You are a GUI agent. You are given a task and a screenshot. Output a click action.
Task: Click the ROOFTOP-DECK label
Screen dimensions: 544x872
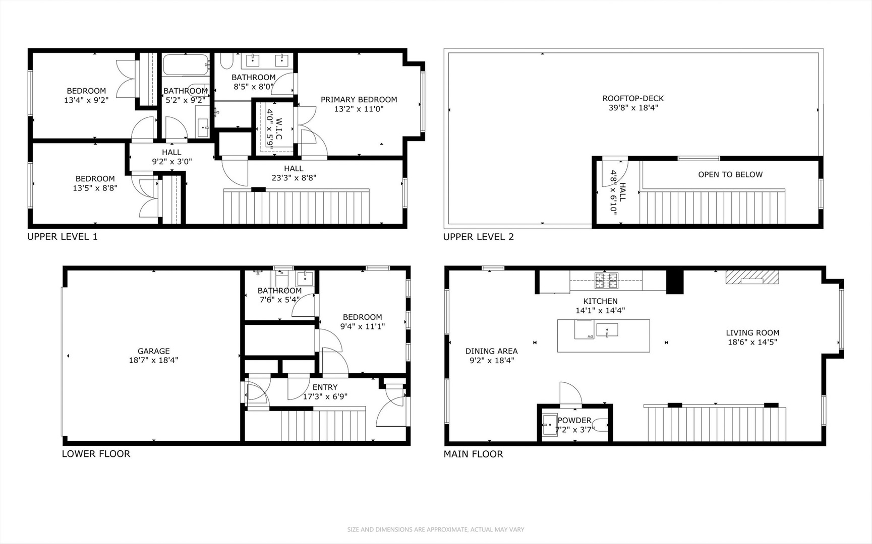pos(633,98)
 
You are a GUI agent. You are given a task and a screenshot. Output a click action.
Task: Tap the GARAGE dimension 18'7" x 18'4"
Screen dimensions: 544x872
pos(153,360)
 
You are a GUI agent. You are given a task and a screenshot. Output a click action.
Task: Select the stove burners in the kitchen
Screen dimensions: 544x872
pos(606,281)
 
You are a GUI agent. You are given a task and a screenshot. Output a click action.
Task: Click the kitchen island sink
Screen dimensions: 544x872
pos(607,330)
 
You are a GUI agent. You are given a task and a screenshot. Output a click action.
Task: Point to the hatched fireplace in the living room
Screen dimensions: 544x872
pos(752,277)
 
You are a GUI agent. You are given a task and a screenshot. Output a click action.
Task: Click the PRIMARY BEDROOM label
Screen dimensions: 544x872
pos(359,100)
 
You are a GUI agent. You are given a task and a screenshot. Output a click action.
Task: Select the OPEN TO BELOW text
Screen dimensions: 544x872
pos(730,175)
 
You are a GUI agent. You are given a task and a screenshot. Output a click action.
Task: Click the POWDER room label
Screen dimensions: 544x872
pos(574,420)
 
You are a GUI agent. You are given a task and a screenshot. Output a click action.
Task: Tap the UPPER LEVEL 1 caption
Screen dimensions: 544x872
pos(63,237)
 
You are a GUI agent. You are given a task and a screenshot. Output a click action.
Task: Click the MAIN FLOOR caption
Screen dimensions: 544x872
pos(473,454)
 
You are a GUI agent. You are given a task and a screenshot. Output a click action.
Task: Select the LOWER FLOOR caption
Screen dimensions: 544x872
pos(96,454)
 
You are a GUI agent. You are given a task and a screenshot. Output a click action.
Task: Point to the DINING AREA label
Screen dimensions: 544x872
pos(491,351)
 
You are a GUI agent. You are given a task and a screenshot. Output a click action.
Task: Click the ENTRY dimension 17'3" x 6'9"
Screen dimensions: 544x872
pos(325,396)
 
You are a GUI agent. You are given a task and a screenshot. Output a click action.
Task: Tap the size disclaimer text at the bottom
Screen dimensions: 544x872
pos(436,529)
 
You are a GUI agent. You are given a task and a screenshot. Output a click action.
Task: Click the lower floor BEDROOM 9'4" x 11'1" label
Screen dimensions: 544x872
pos(362,317)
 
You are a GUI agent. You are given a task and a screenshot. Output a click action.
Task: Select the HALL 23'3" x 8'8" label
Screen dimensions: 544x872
pos(294,169)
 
